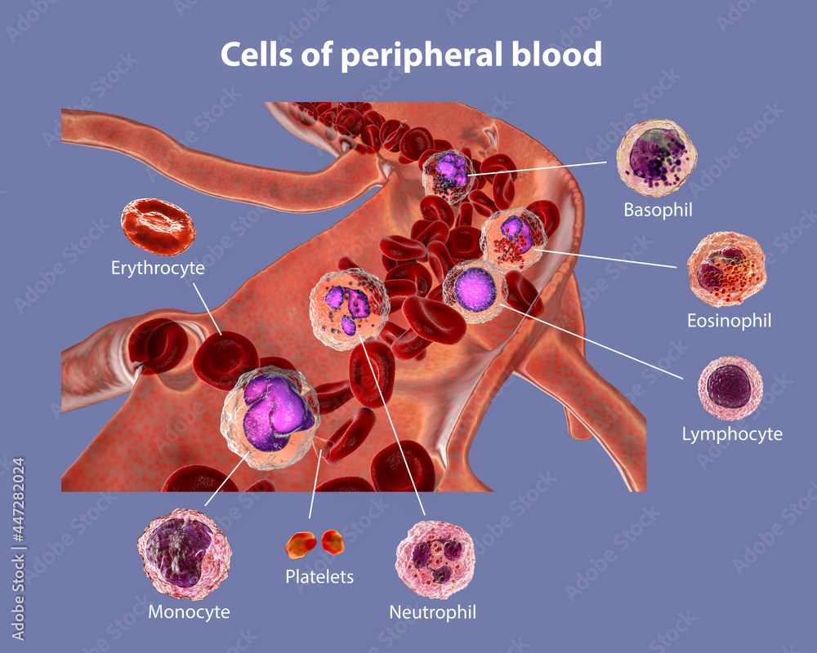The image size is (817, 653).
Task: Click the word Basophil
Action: click(658, 210)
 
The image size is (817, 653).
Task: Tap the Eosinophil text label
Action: click(729, 321)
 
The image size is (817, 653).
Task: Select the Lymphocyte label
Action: click(732, 434)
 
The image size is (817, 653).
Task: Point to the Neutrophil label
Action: click(432, 611)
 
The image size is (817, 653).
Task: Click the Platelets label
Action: click(319, 576)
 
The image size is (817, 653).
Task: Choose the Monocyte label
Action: click(189, 611)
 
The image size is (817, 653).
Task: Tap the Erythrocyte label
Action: click(158, 267)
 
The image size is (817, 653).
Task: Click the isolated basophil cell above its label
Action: click(656, 158)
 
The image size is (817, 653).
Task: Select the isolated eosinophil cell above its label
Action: click(726, 269)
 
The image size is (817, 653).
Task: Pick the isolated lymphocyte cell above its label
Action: click(730, 388)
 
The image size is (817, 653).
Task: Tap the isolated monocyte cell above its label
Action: click(185, 554)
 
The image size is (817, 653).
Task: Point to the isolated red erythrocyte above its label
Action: click(158, 226)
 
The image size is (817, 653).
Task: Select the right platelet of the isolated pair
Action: click(333, 540)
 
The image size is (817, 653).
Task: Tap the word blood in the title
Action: click(560, 55)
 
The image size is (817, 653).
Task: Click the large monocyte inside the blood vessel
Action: click(270, 417)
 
